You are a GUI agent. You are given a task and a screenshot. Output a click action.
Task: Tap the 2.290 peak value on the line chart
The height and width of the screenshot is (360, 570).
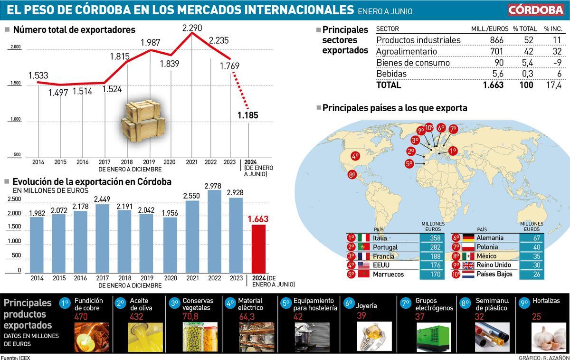[191, 28]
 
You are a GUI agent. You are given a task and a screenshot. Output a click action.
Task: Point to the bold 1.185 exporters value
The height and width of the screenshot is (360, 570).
[247, 115]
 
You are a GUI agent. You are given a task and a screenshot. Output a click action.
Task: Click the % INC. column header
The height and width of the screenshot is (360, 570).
[552, 29]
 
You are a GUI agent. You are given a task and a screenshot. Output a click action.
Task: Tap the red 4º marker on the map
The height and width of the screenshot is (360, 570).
[355, 155]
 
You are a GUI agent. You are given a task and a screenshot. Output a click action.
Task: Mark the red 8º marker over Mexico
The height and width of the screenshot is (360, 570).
[352, 174]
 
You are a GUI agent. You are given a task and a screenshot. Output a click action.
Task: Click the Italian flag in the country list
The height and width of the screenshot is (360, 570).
[364, 238]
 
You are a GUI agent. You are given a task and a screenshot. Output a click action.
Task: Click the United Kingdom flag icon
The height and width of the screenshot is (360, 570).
[468, 265]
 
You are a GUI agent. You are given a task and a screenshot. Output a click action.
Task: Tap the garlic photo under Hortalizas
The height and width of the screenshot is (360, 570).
[548, 337]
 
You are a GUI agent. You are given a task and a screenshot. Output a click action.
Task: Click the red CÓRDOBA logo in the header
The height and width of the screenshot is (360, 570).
[535, 10]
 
